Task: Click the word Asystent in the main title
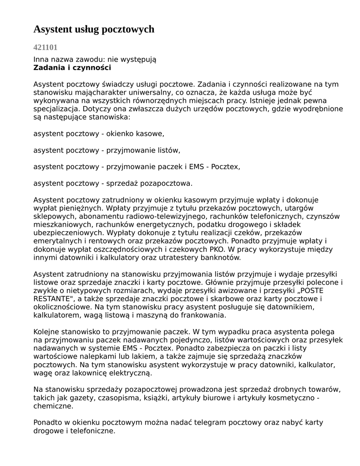[x=51, y=30]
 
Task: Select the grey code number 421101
[x=45, y=47]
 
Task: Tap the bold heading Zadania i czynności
[x=72, y=68]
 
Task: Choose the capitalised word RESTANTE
[x=52, y=299]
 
